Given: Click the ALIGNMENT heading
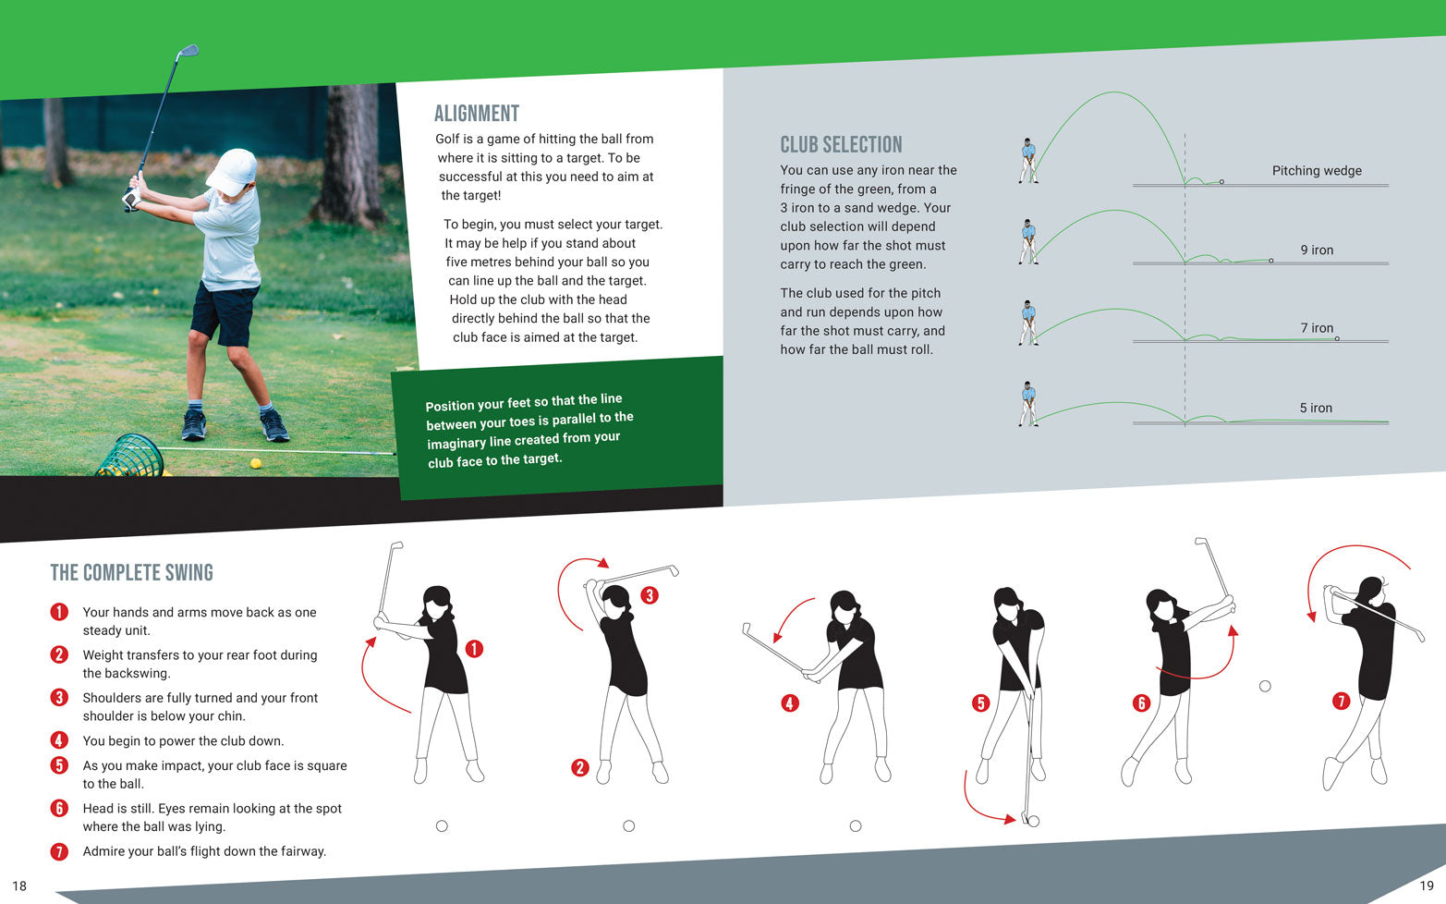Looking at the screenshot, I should [x=477, y=114].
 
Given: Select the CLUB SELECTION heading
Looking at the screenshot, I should [x=841, y=145].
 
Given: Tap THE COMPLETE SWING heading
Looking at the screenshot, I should [x=131, y=573].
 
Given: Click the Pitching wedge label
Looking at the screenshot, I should [x=1316, y=171].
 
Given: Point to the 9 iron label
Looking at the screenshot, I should [x=1316, y=250].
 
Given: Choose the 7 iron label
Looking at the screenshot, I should [x=1316, y=328].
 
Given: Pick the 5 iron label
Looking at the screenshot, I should [x=1315, y=409].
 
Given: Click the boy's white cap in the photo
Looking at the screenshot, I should [x=232, y=171].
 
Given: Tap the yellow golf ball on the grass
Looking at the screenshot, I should [x=256, y=463].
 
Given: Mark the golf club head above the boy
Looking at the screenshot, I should [x=188, y=51].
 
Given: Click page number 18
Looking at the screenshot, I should [x=19, y=886].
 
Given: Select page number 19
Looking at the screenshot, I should [x=1426, y=886].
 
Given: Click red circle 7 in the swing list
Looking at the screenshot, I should [x=59, y=851].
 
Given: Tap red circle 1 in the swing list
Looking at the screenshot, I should [x=59, y=612].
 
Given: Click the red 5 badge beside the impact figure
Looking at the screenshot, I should [x=980, y=703].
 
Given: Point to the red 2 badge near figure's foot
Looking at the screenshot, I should [x=580, y=767].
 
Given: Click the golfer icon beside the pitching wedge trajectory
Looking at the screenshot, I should [x=1028, y=161].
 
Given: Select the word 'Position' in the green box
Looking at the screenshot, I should [x=450, y=405].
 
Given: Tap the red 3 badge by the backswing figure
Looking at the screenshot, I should [x=650, y=595].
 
